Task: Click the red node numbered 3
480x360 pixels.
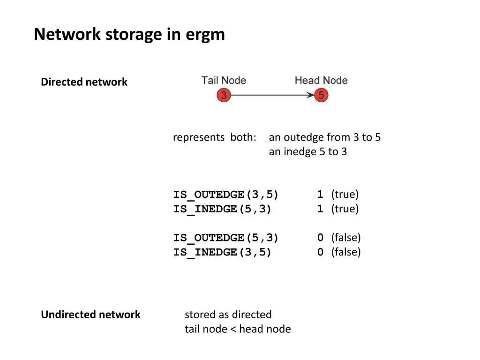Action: [x=224, y=96]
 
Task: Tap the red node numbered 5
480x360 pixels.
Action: [x=321, y=96]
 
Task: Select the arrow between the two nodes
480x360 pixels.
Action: [x=272, y=96]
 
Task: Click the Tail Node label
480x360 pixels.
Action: [x=224, y=80]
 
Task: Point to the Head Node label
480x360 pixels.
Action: [x=321, y=80]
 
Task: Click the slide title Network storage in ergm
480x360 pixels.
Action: [x=129, y=35]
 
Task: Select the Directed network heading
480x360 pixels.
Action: [x=84, y=82]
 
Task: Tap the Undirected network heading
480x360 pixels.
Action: [x=90, y=315]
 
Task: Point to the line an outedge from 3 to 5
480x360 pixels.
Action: [x=324, y=137]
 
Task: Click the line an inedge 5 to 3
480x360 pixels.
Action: [x=307, y=152]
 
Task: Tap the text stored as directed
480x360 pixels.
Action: [x=228, y=315]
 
